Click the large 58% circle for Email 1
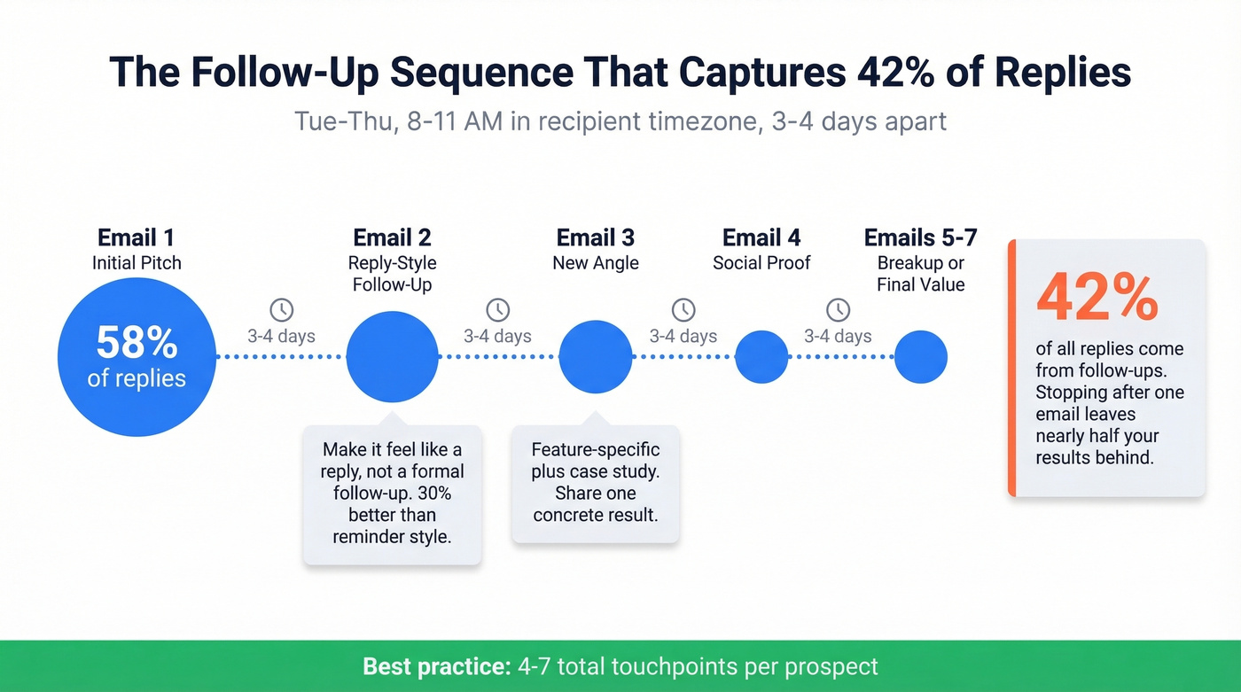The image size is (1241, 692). (137, 357)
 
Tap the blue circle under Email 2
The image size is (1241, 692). (392, 357)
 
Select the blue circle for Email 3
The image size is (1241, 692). (596, 357)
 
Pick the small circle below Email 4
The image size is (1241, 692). (761, 357)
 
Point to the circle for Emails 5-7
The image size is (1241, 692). (920, 357)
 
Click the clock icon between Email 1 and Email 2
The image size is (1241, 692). (281, 310)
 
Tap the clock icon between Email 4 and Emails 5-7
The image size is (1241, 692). (838, 310)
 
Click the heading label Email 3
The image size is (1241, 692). (596, 237)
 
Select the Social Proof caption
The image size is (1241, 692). (761, 263)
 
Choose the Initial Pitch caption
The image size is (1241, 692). (137, 263)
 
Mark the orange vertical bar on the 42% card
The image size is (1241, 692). (1011, 368)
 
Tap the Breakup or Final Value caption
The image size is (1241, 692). (920, 274)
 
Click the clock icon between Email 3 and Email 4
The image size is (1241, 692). (683, 310)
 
